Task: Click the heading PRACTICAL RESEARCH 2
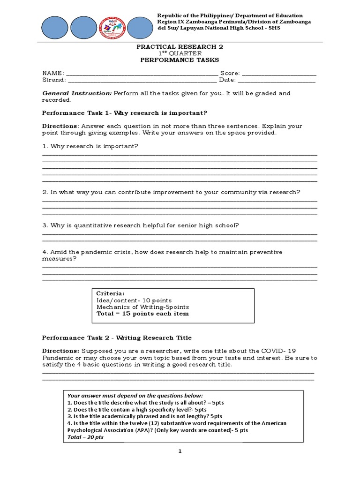178,47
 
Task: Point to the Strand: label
53,80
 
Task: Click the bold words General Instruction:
77,93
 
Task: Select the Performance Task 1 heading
125,113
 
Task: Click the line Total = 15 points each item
142,314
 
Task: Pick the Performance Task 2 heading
117,338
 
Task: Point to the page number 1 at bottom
180,451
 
